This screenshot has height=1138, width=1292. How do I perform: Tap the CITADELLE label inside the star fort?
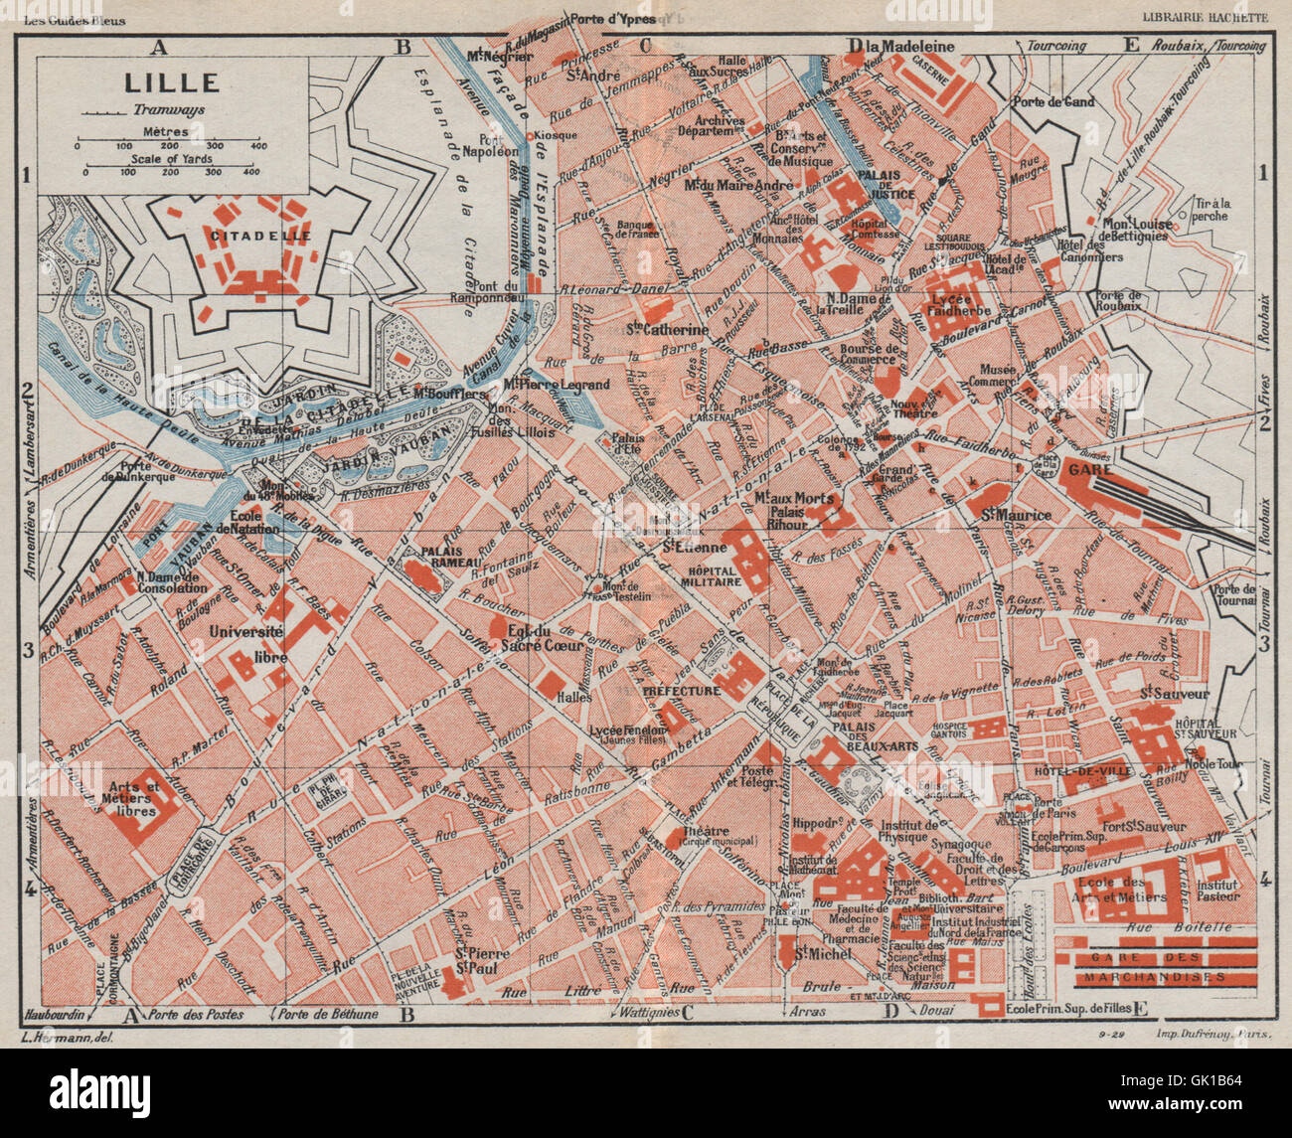(x=260, y=237)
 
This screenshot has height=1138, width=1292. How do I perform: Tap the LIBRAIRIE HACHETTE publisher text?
(x=1205, y=17)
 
